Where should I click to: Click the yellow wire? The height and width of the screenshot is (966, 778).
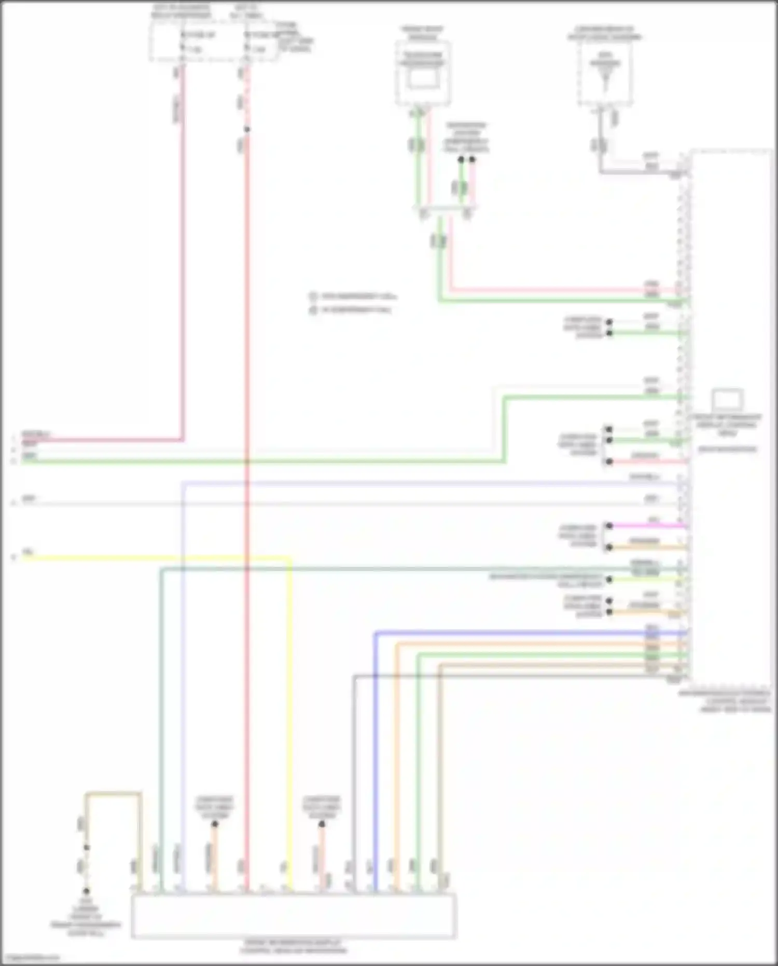pyautogui.click(x=156, y=559)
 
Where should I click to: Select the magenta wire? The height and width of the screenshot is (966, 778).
pyautogui.click(x=648, y=526)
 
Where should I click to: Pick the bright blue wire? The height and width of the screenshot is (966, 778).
pyautogui.click(x=519, y=633)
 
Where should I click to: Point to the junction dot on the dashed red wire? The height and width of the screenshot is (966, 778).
pyautogui.click(x=247, y=129)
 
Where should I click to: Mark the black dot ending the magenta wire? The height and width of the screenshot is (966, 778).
pyautogui.click(x=609, y=526)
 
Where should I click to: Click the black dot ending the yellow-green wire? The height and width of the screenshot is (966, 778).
pyautogui.click(x=610, y=579)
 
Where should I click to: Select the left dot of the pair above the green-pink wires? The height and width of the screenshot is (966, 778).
pyautogui.click(x=461, y=160)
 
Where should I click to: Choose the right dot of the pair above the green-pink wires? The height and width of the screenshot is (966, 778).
pyautogui.click(x=472, y=160)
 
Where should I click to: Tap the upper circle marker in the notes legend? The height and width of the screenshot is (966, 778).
pyautogui.click(x=313, y=297)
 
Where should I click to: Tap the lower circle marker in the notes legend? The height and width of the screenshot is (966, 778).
pyautogui.click(x=313, y=310)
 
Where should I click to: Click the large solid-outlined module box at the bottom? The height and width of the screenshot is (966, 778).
pyautogui.click(x=294, y=916)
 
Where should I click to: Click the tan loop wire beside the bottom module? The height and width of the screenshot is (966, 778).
pyautogui.click(x=113, y=794)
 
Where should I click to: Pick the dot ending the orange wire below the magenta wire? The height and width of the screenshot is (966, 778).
pyautogui.click(x=609, y=547)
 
